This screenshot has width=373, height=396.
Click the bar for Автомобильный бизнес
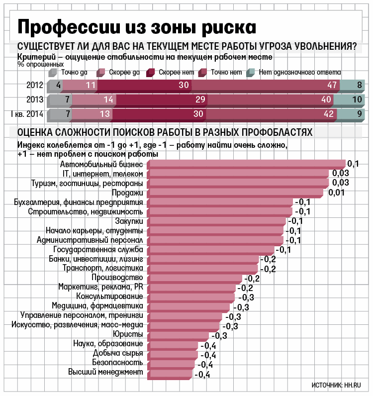click(246, 164)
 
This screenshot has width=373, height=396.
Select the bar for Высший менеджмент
click(169, 373)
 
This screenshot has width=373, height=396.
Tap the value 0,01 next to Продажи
click(337, 193)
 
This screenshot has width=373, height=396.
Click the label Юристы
click(128, 334)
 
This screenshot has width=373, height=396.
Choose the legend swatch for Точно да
click(53, 73)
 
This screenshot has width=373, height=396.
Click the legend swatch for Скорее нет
click(150, 73)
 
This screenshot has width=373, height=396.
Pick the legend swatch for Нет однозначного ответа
click(251, 73)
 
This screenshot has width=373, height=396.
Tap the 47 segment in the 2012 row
click(273, 85)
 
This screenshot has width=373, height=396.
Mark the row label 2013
click(35, 100)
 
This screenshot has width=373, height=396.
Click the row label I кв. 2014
click(27, 115)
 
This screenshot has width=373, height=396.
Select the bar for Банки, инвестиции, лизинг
click(203, 260)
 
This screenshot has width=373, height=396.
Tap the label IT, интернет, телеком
click(103, 174)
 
